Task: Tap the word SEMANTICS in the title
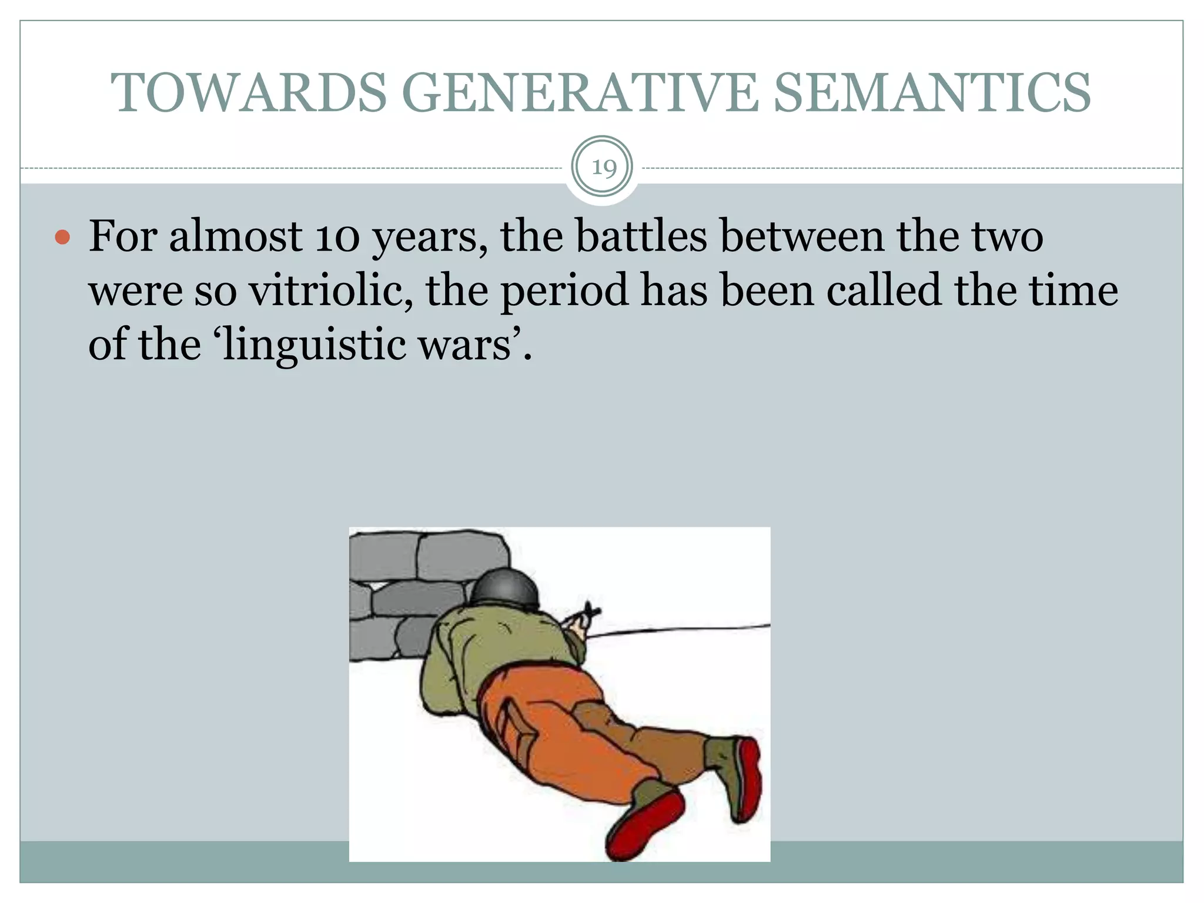click(932, 93)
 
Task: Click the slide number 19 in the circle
click(603, 168)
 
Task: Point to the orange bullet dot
click(62, 238)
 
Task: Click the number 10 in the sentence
click(337, 236)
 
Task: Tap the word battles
click(641, 236)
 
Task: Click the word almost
click(235, 236)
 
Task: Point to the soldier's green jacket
click(488, 653)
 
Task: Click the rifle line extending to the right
click(676, 630)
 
